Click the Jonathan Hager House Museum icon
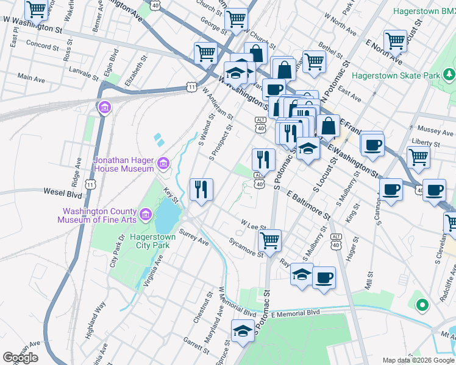pos(163,163)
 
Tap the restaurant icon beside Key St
pos(201,189)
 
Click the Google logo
pos(20,357)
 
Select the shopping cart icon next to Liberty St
pos(418,156)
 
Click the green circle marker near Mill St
pos(420,305)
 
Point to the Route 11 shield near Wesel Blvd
pos(90,184)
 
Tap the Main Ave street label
pos(32,77)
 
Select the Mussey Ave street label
pos(435,130)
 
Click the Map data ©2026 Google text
pos(418,360)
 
